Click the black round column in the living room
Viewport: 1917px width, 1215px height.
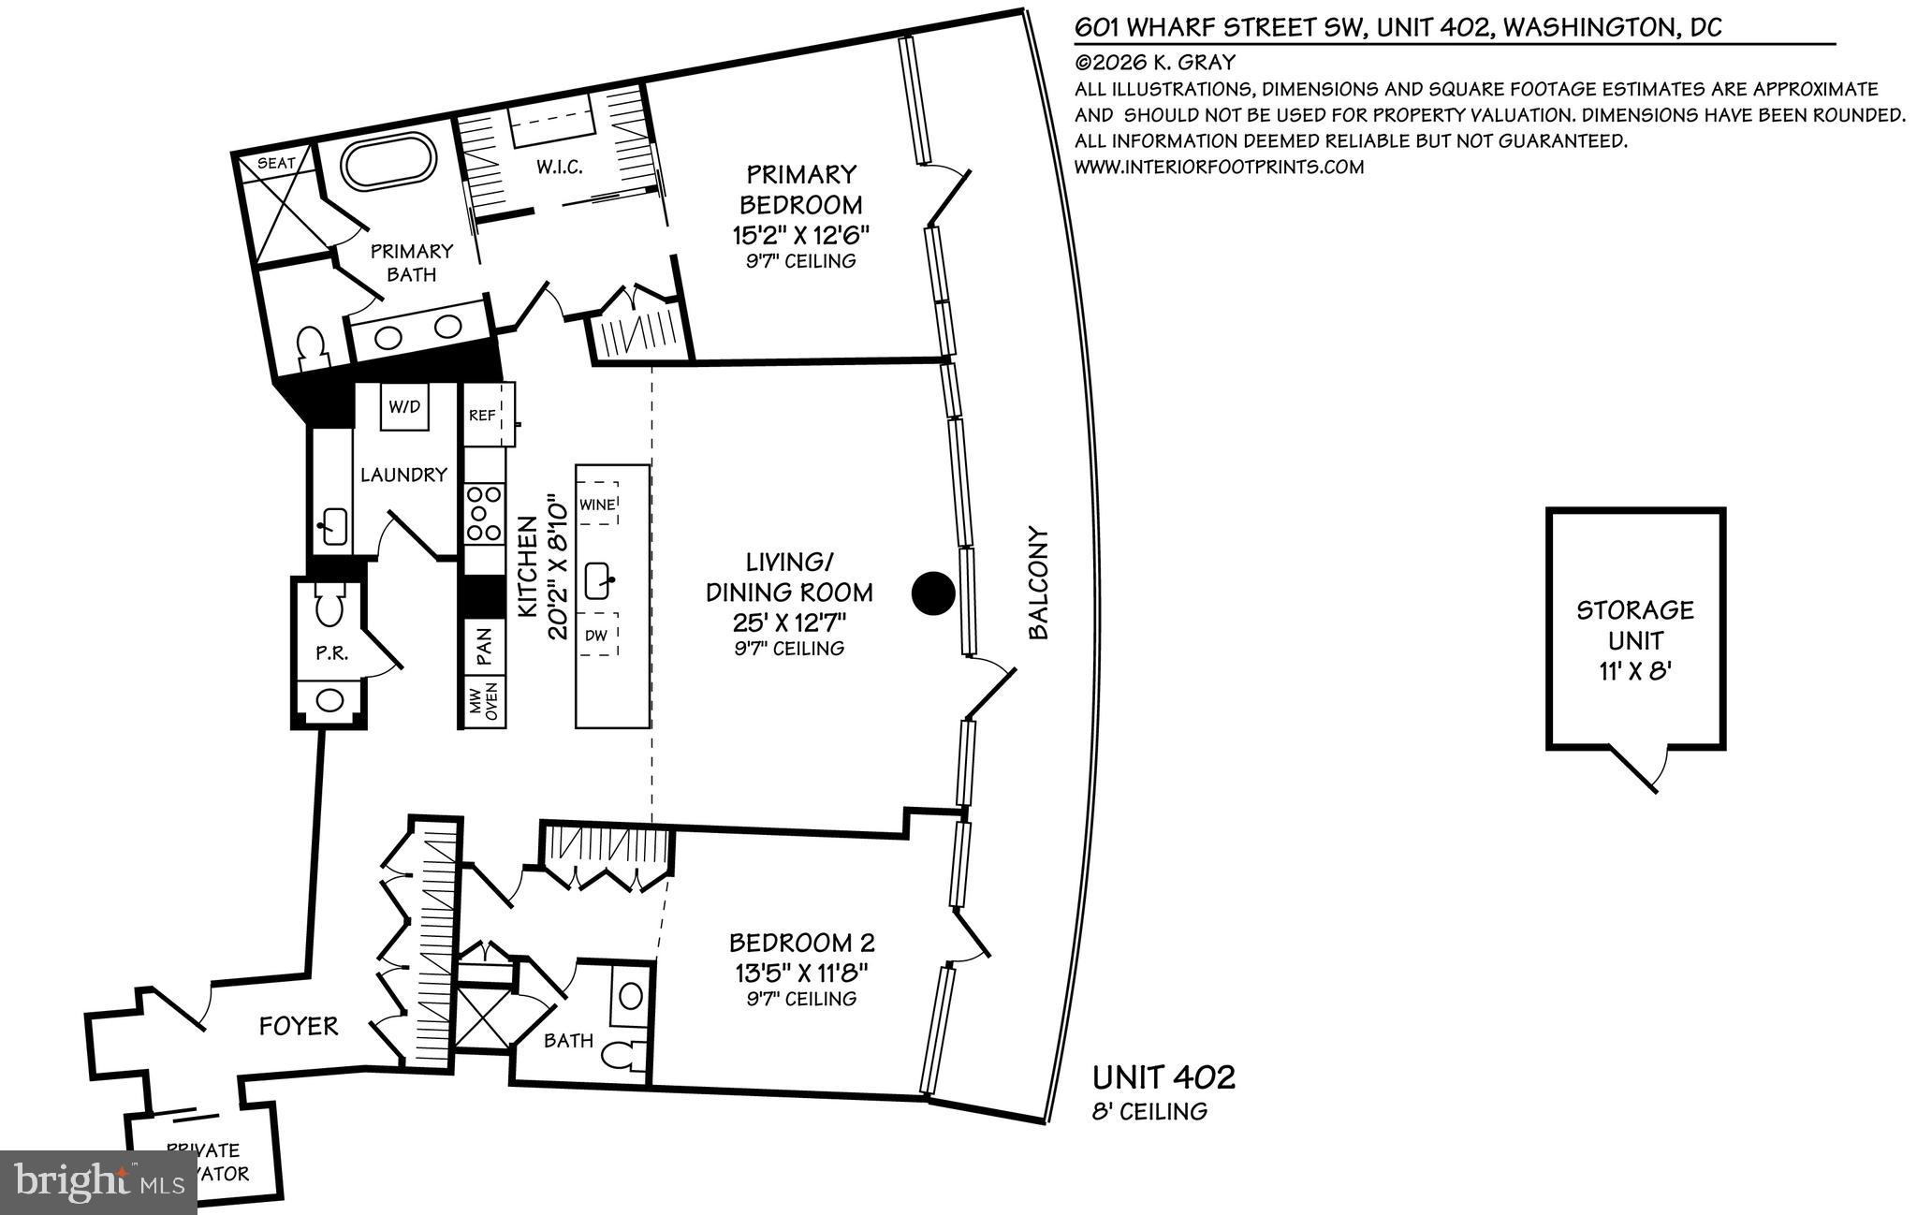point(933,593)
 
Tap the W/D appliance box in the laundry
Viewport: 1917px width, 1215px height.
point(405,408)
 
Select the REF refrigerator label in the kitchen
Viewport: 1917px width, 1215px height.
point(482,416)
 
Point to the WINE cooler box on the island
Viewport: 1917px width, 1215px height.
point(598,505)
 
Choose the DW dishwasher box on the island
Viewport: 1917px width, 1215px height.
point(597,636)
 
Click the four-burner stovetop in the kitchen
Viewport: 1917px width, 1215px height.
point(483,513)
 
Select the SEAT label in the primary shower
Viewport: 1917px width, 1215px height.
point(276,163)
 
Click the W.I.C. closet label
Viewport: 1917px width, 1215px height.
point(560,168)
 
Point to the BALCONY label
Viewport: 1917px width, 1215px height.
point(1038,583)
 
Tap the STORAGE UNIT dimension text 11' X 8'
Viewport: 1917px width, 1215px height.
point(1635,672)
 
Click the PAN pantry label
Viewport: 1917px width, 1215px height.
point(485,647)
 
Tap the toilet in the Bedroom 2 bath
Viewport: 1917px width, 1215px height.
point(624,1057)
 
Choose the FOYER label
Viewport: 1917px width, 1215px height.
point(298,1027)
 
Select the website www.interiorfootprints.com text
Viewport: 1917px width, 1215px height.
point(1219,168)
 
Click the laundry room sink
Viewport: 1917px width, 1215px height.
point(332,524)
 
